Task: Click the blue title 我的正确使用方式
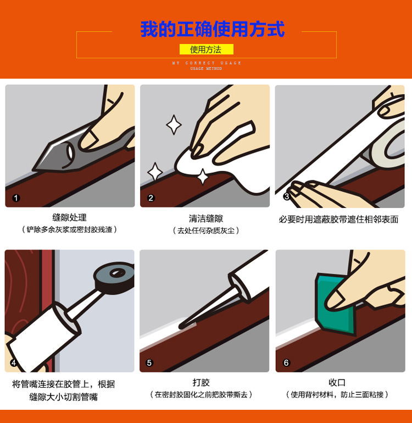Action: (213, 29)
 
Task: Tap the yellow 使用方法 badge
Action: (207, 50)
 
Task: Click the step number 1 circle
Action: (16, 198)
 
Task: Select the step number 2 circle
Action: (151, 198)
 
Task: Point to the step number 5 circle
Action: (149, 362)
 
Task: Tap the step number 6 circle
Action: (286, 362)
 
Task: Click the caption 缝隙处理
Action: (70, 217)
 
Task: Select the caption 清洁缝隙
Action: (206, 218)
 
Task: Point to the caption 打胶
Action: (201, 382)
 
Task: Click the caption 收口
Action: (337, 382)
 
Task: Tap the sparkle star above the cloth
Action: (174, 125)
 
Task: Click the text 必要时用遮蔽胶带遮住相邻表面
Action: (339, 219)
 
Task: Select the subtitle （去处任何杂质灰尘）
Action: (206, 230)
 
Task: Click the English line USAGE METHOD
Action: (206, 69)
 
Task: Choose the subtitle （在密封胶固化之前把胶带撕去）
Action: (201, 395)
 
